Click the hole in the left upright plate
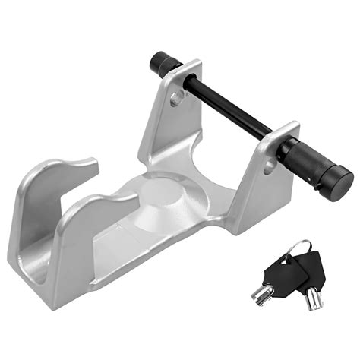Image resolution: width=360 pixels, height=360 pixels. click(177, 97)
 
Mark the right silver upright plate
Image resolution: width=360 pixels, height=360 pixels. click(258, 190)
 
